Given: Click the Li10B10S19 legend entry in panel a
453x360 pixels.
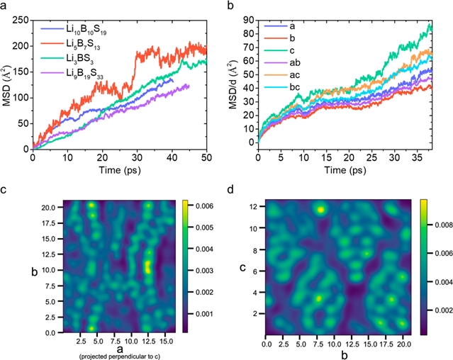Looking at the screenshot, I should tap(89, 31).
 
